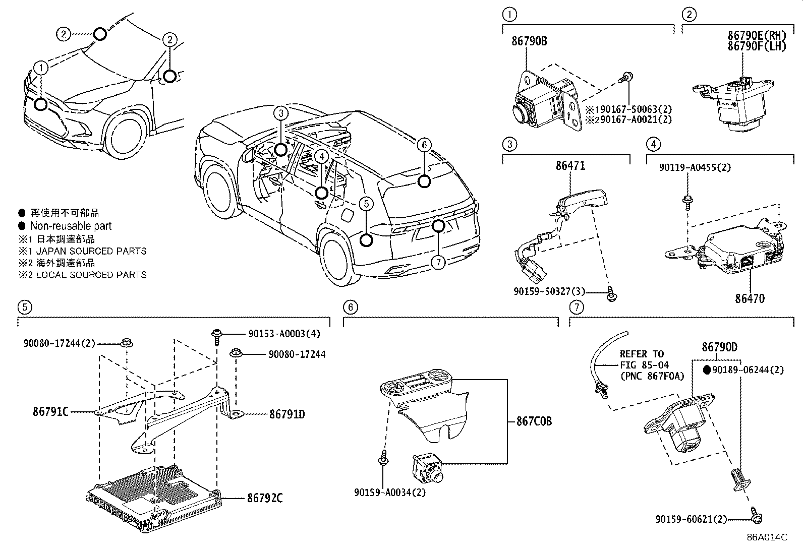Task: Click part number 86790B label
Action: point(529,41)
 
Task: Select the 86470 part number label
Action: point(749,298)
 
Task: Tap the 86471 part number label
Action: point(570,166)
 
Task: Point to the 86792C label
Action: point(265,499)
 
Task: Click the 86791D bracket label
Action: point(287,414)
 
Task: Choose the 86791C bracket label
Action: point(50,411)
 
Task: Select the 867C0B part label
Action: point(534,421)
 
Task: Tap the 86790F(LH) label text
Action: point(757,46)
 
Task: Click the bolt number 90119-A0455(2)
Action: point(695,167)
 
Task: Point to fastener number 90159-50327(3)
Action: point(550,291)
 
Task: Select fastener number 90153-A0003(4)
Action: point(284,333)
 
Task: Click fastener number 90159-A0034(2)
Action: point(390,492)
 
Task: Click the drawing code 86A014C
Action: point(767,537)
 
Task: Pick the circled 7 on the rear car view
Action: point(438,262)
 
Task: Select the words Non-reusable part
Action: point(71,226)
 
